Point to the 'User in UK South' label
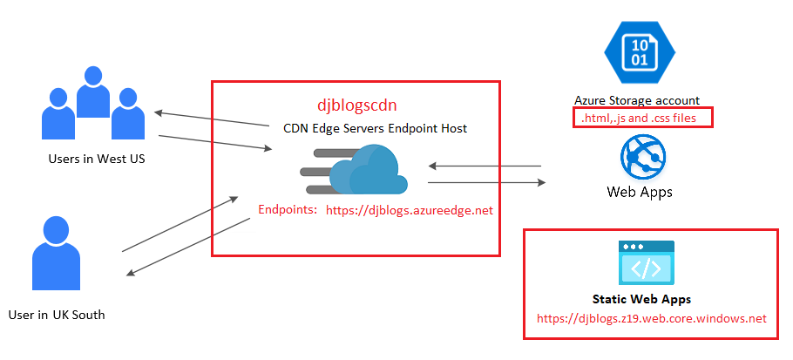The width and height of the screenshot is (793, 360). point(57,314)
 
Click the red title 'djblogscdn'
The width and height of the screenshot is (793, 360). point(356,105)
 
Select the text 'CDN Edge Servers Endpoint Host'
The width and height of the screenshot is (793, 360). point(375,128)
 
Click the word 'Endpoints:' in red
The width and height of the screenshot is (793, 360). point(288,210)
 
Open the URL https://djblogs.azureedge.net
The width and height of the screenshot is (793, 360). point(409,210)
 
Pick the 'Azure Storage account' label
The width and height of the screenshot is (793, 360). point(637,100)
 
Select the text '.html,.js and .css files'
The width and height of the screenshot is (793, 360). point(642,118)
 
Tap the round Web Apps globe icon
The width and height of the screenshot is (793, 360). point(643,158)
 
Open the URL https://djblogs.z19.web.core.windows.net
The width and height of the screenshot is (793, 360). point(652,319)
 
